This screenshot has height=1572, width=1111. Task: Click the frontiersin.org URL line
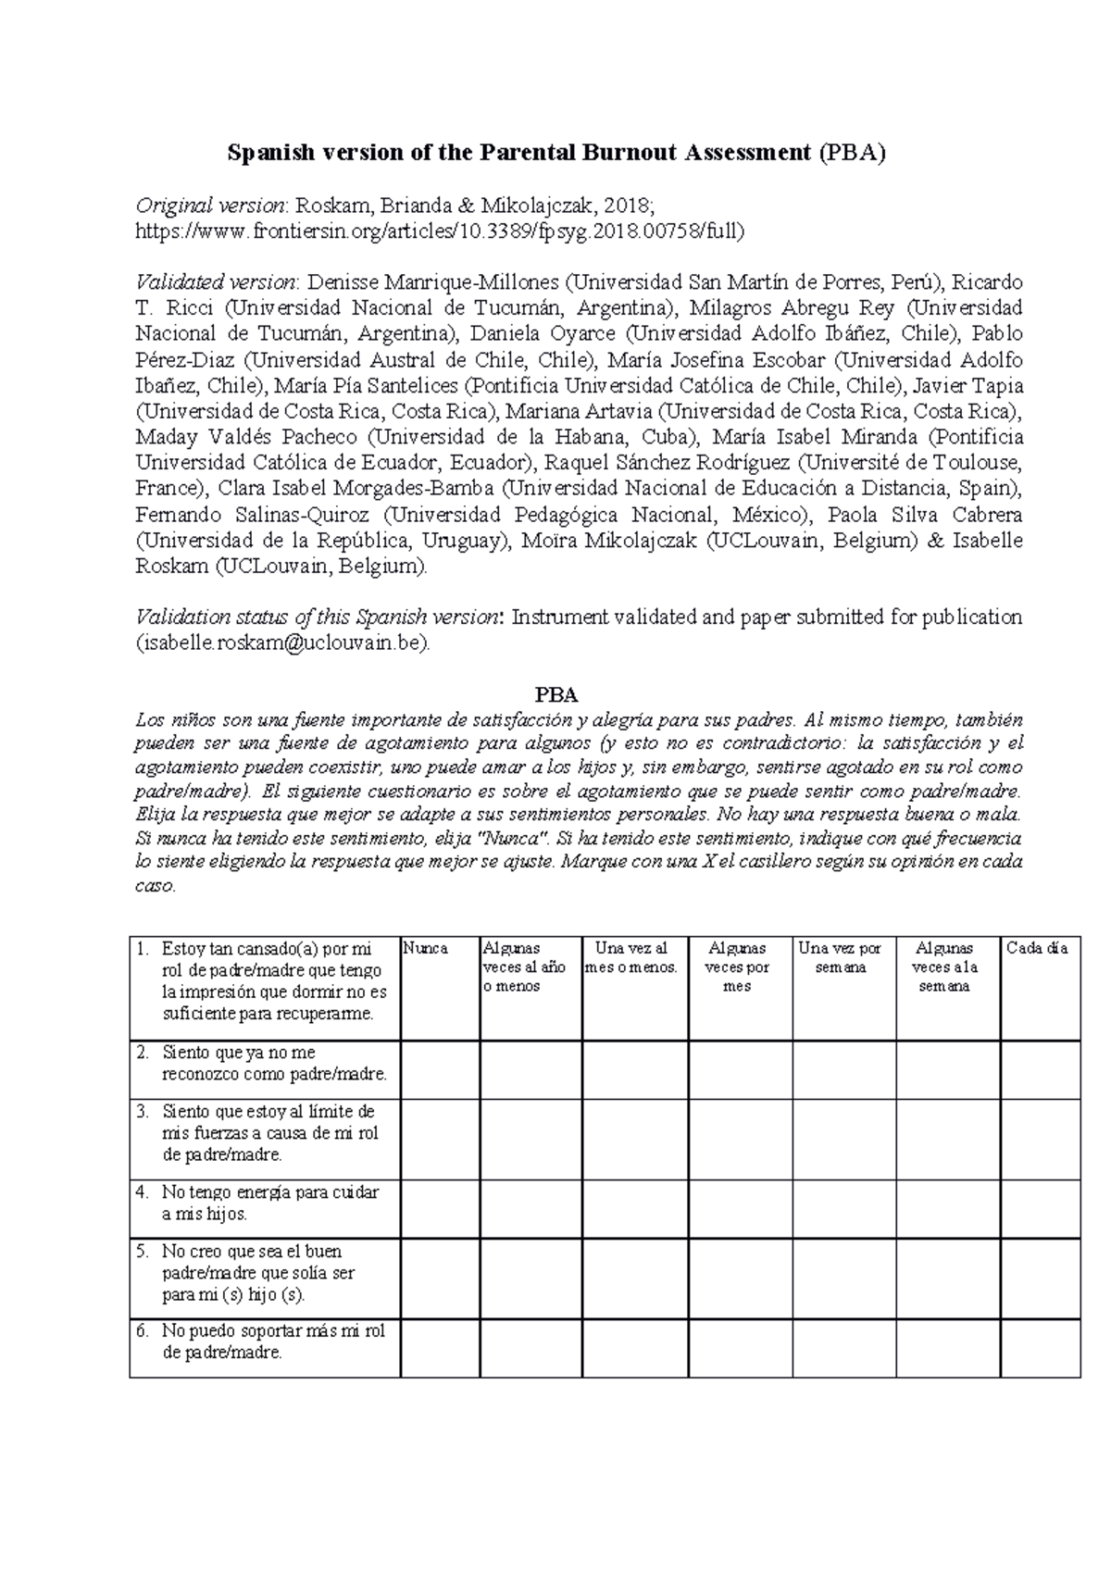440,231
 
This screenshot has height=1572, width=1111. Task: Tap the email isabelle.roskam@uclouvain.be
282,643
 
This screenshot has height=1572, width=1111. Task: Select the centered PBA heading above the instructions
556,694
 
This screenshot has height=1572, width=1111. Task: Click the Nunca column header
426,948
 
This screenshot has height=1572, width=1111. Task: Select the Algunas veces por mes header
738,967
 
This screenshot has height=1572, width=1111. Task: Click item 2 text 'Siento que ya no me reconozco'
273,1063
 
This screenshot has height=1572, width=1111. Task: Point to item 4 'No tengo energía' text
268,1203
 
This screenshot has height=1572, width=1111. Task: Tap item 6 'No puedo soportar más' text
273,1341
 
